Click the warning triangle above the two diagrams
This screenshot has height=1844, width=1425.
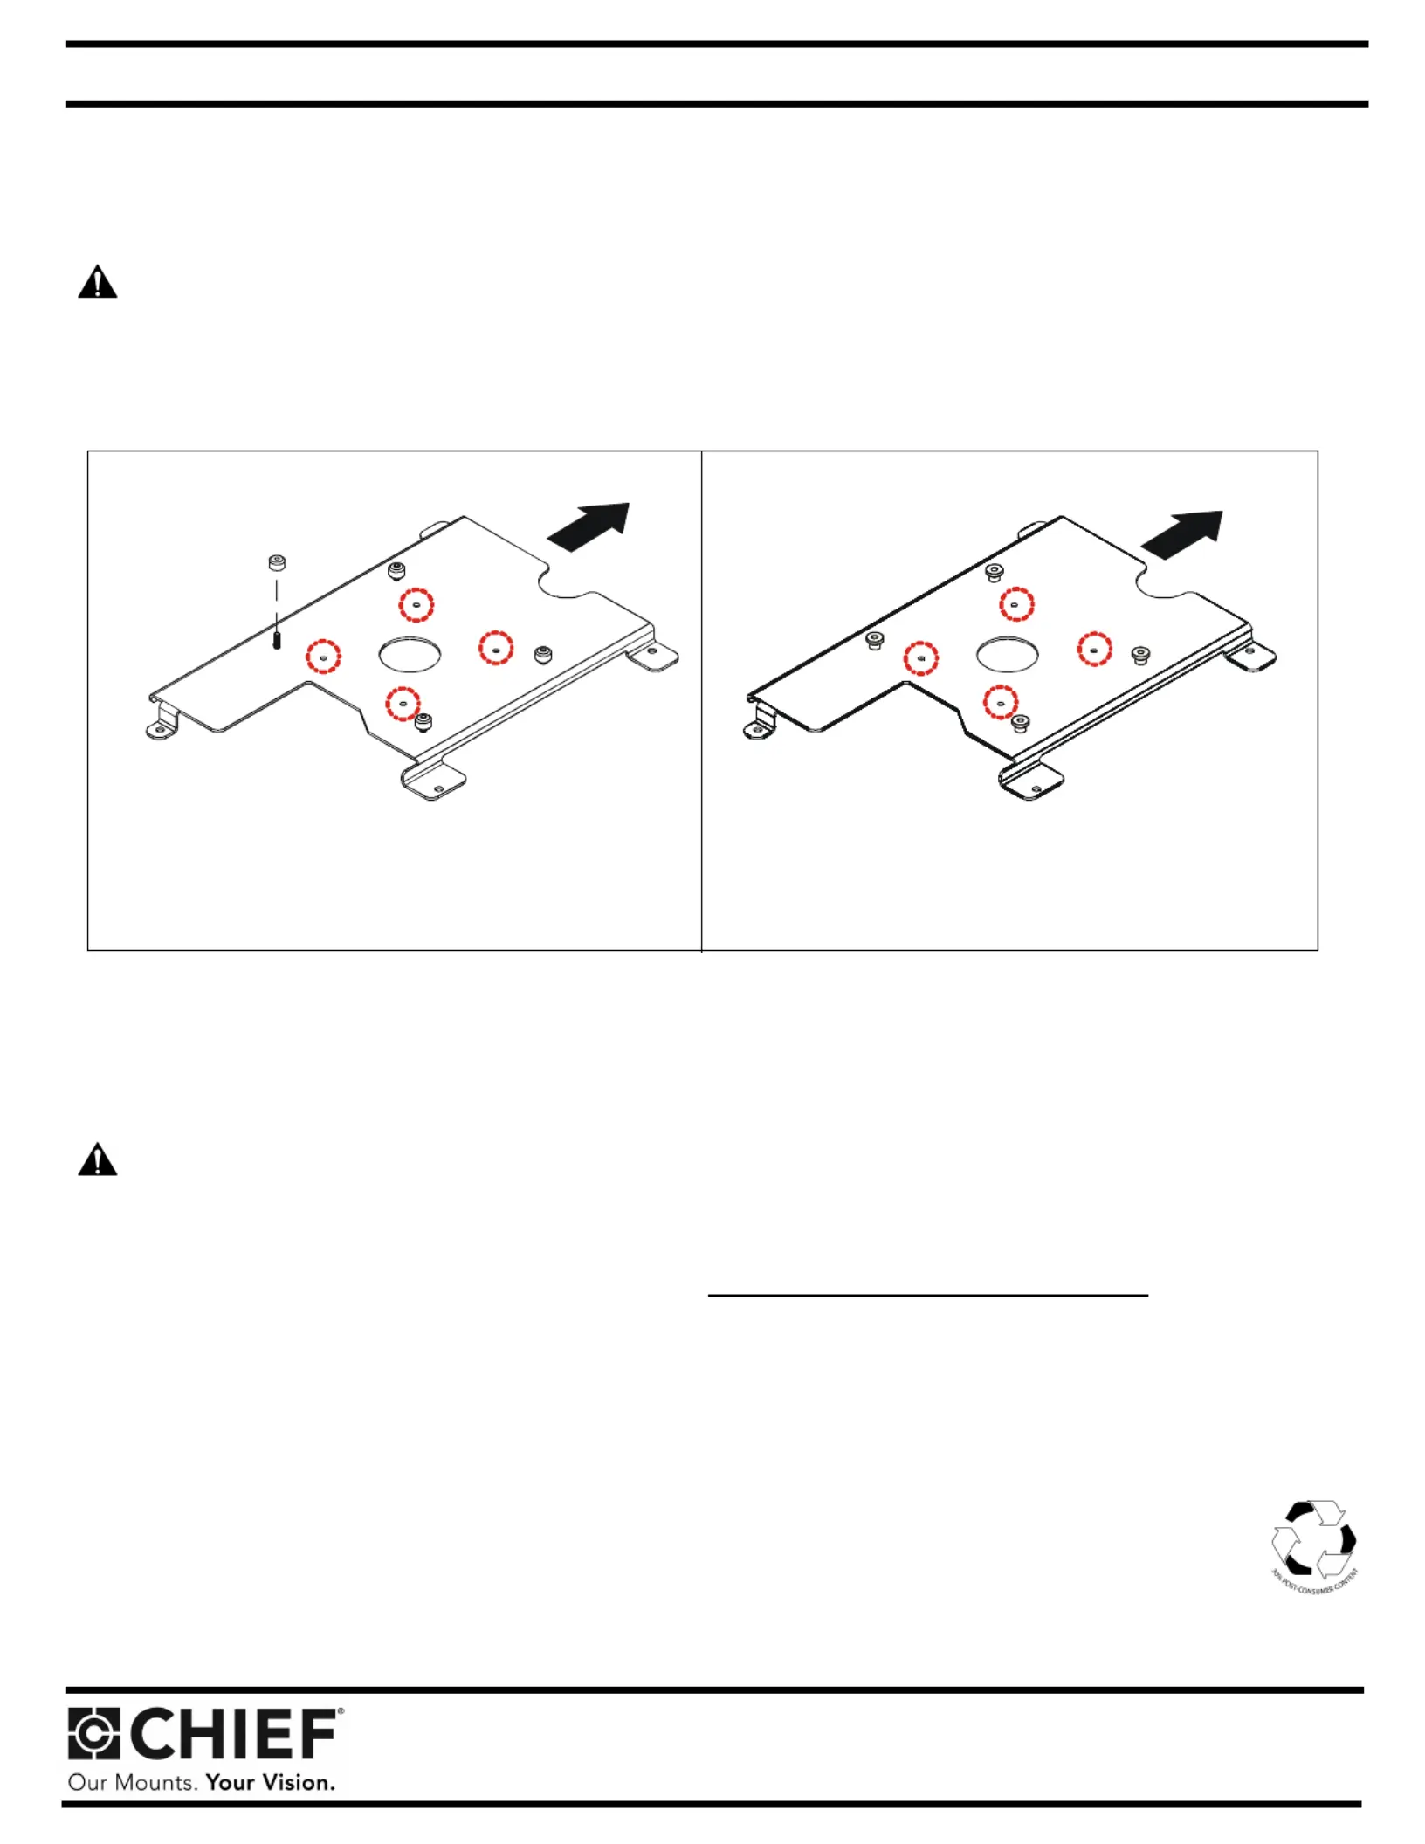(97, 283)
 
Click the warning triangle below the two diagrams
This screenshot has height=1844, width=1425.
(97, 1160)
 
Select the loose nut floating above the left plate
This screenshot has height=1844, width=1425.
(277, 562)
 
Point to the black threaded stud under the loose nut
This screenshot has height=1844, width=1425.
(277, 640)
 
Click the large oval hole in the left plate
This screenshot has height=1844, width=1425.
(410, 654)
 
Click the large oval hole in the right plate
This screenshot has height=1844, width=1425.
(1007, 654)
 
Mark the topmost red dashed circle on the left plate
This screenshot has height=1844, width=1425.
(416, 604)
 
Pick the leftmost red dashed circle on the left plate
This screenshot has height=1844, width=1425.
(324, 655)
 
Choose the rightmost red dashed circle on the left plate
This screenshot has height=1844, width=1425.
(496, 648)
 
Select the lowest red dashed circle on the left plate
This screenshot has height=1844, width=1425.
(403, 703)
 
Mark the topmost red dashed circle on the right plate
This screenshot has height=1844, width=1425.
(1016, 603)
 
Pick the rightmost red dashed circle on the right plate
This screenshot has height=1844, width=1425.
(1094, 650)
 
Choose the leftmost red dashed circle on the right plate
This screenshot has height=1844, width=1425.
(921, 658)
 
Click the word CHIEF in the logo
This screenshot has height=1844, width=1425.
(235, 1735)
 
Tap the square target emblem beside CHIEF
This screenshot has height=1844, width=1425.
(93, 1734)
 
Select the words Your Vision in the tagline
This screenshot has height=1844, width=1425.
(270, 1782)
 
